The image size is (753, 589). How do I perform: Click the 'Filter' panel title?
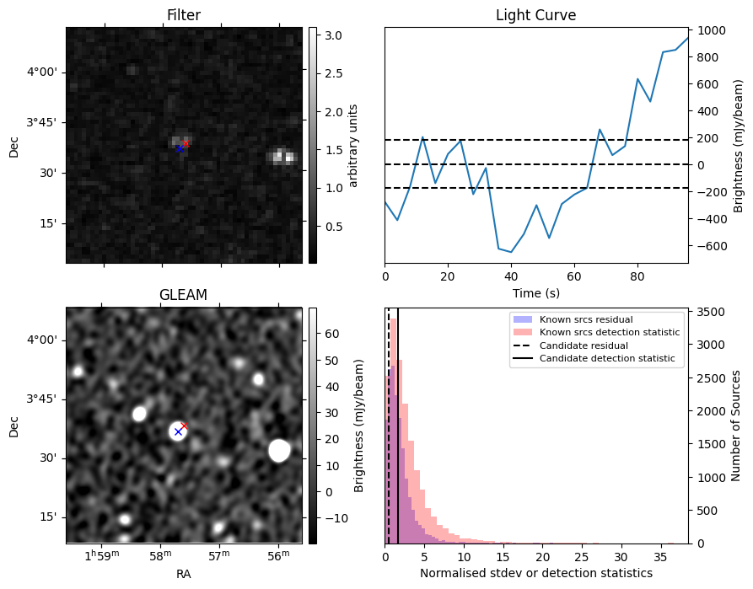point(184,16)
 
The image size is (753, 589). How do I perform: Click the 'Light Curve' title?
point(535,16)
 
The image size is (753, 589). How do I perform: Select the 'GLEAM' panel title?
point(183,294)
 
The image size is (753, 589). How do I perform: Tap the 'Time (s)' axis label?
point(535,293)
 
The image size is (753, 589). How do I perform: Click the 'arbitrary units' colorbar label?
point(353,145)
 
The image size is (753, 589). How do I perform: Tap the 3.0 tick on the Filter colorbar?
point(330,35)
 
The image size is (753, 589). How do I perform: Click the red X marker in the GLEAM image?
point(185,426)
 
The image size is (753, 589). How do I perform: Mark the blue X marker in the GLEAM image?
point(178,432)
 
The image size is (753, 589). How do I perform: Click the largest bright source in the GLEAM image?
point(279,451)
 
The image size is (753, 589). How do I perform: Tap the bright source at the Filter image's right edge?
point(283,157)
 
